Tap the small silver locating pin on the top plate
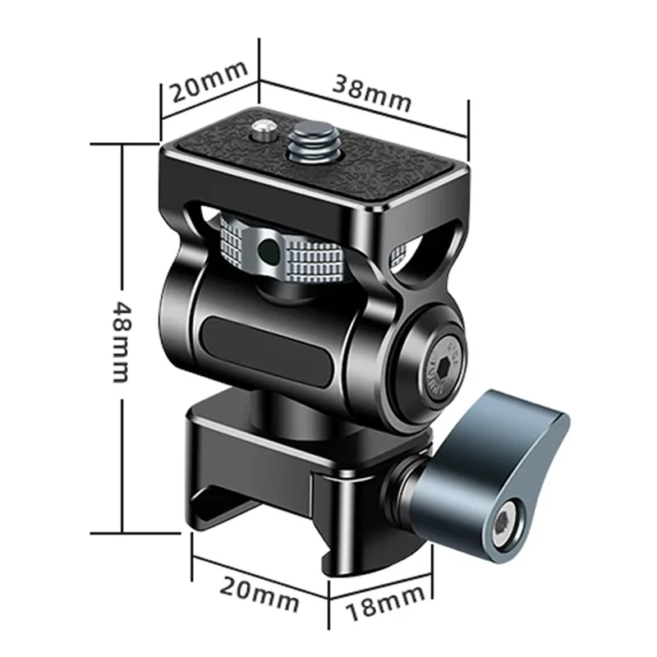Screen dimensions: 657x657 [x=264, y=128]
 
